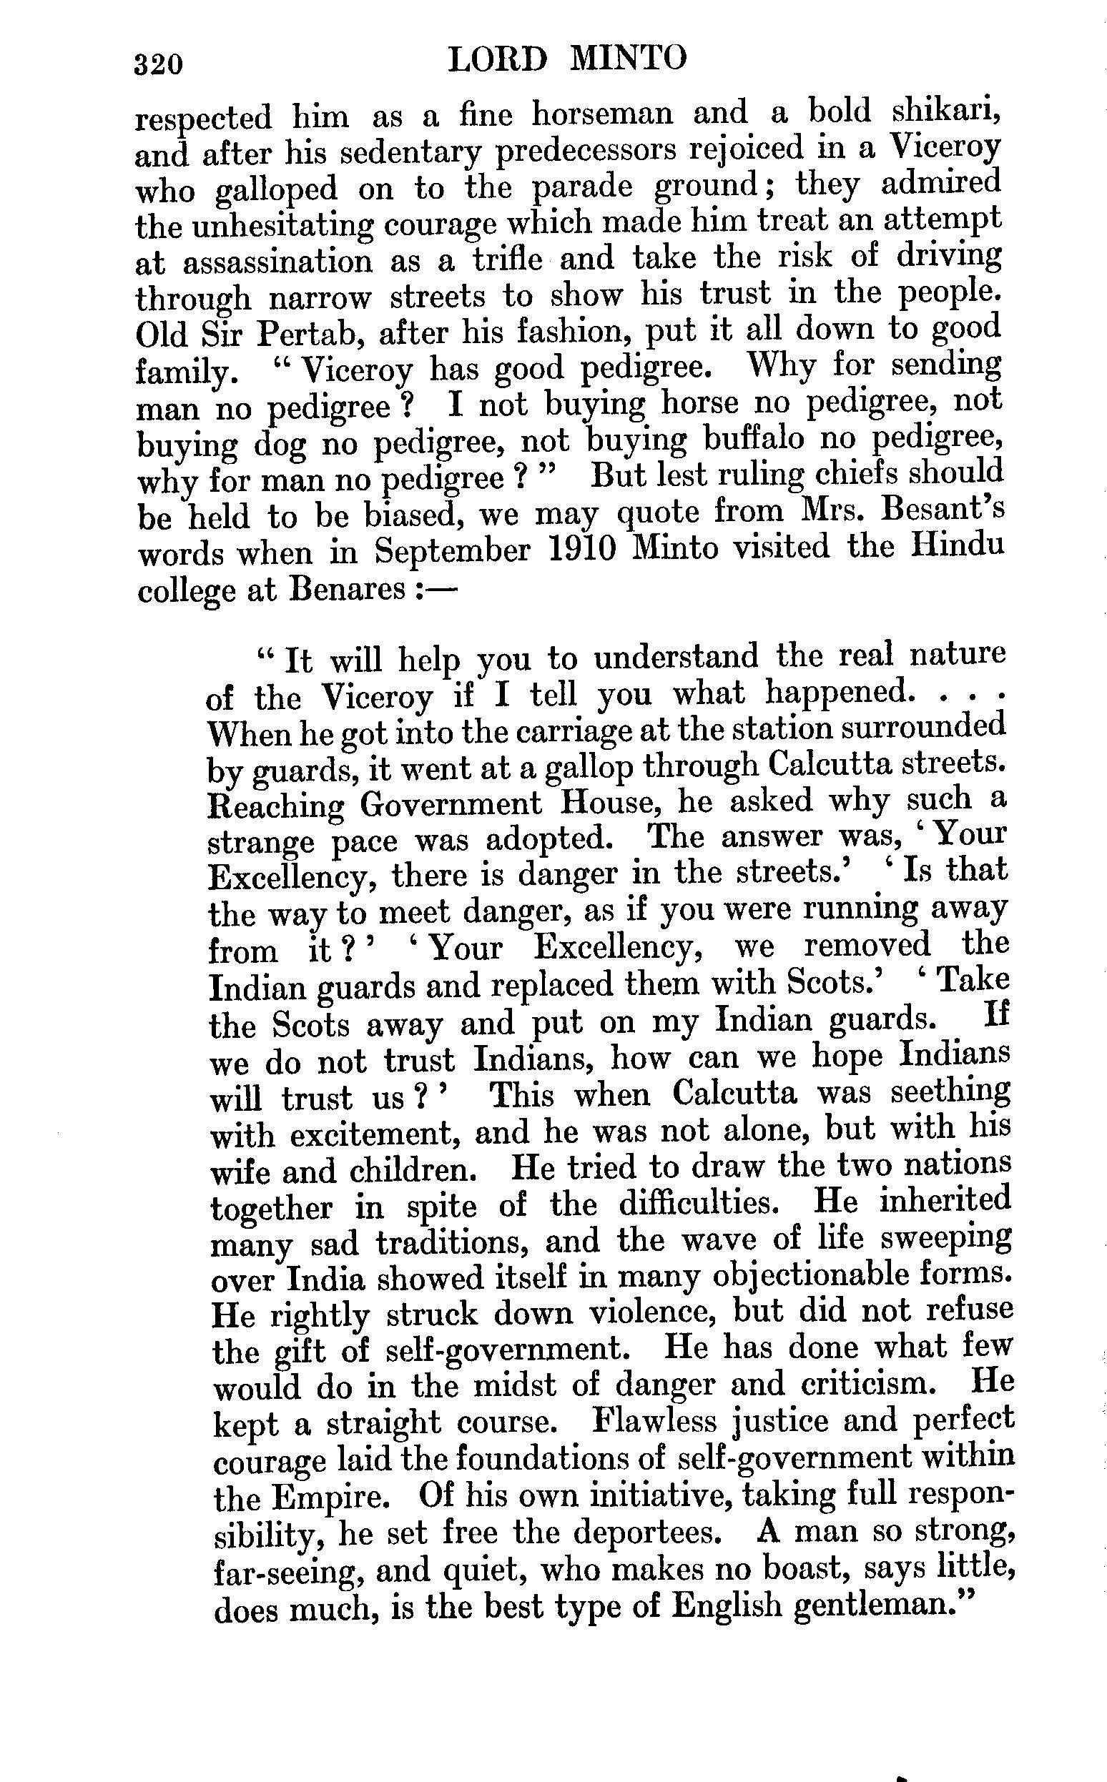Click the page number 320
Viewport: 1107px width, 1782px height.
coord(157,64)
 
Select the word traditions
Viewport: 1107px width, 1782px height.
coord(453,1242)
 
